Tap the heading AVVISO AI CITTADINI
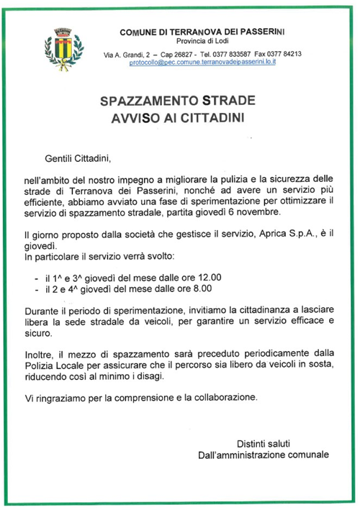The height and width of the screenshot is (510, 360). click(x=178, y=117)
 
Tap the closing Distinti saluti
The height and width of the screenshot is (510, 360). click(x=265, y=442)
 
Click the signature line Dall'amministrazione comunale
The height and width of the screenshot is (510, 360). click(x=264, y=455)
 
